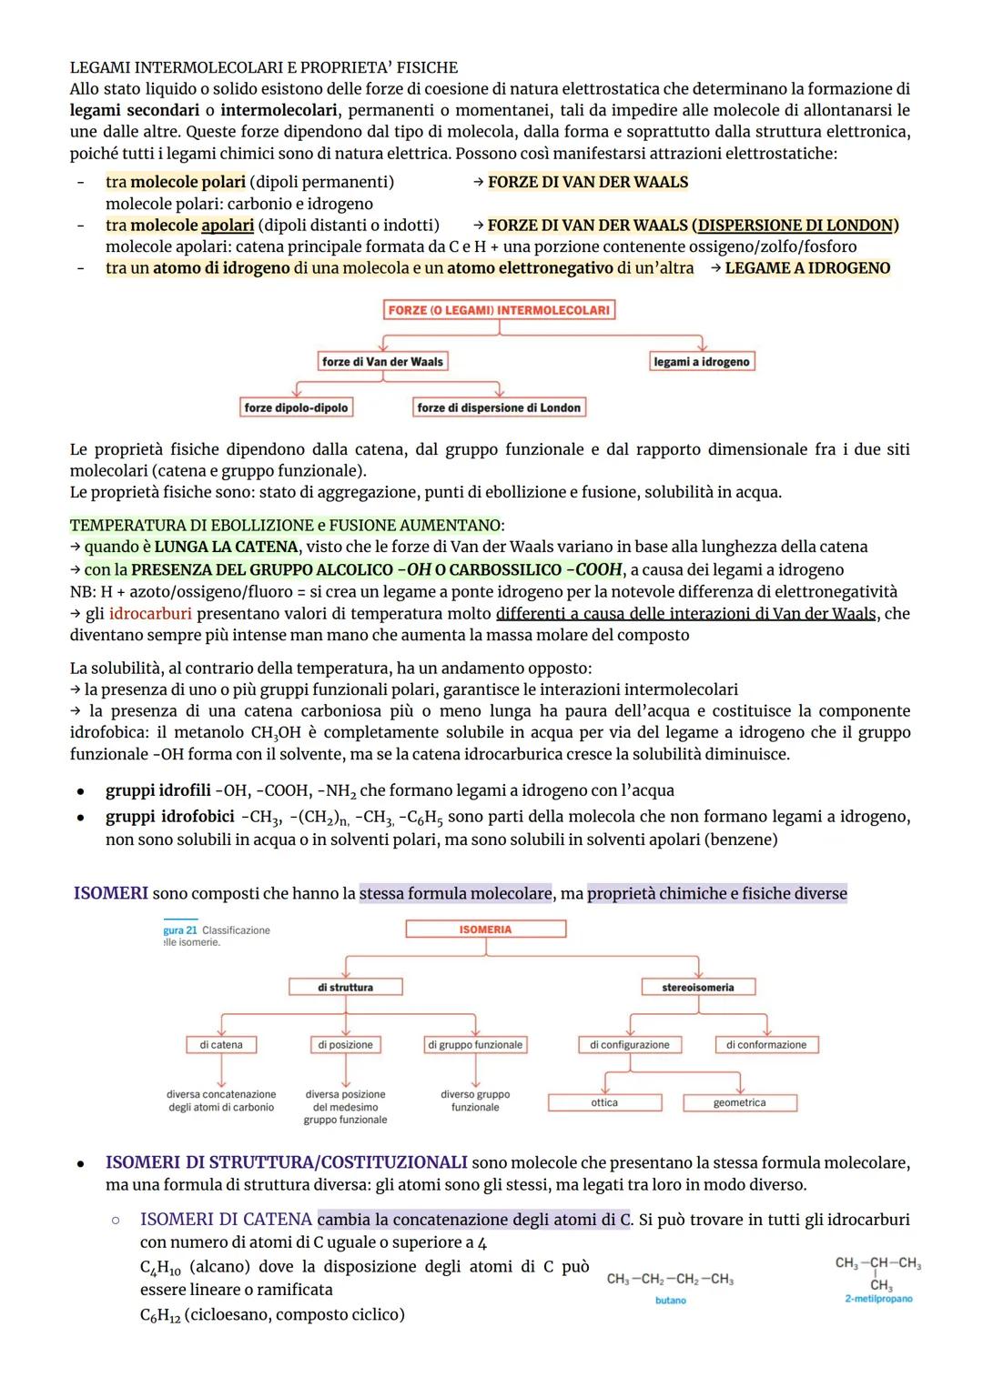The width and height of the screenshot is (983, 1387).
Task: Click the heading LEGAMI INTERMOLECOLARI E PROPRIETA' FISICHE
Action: [x=264, y=67]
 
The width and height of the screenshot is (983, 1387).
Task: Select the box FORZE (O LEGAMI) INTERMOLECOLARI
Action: [x=499, y=310]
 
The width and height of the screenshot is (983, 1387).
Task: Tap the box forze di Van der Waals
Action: [x=382, y=362]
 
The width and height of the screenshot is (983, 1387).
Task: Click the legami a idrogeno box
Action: [x=702, y=362]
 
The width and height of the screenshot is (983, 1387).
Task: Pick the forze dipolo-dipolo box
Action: [x=296, y=408]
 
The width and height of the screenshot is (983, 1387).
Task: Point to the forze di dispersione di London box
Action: [x=498, y=408]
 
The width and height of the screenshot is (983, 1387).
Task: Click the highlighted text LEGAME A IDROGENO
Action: [x=807, y=268]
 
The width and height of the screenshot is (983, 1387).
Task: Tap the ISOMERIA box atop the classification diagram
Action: [x=485, y=930]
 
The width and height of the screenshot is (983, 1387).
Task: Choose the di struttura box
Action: [x=345, y=987]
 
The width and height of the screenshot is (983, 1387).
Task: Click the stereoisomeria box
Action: [x=697, y=987]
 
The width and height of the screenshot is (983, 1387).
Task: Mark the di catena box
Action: [x=221, y=1045]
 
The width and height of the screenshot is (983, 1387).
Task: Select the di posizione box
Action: [x=345, y=1045]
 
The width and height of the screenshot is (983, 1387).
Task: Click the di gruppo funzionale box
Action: [x=475, y=1045]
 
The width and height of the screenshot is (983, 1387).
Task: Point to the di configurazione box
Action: [x=629, y=1045]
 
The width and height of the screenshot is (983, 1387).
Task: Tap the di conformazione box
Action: [x=766, y=1045]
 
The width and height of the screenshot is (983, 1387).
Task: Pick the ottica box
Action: [x=604, y=1102]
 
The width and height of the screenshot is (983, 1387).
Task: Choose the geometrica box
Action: [x=739, y=1102]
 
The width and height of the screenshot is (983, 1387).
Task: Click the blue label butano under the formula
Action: [x=671, y=1301]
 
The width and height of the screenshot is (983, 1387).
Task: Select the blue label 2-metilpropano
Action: [x=878, y=1299]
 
